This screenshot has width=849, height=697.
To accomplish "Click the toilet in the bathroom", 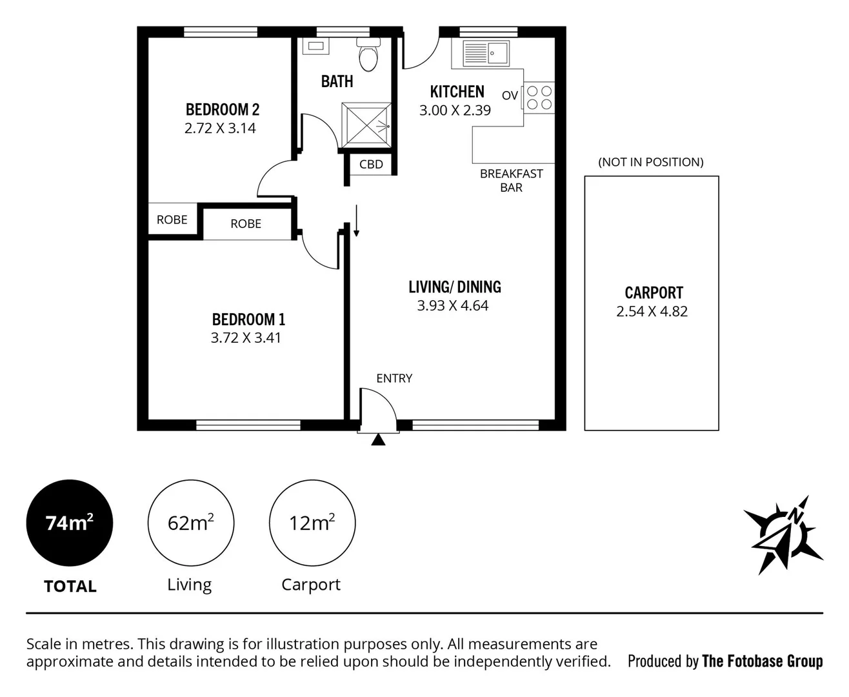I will (x=368, y=56).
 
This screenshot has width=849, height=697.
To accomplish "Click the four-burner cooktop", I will (x=539, y=97).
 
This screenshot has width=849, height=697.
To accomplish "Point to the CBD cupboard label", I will (x=371, y=165).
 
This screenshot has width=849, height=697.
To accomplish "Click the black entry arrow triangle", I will (x=379, y=439).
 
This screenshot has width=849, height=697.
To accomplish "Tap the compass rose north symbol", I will (x=783, y=534).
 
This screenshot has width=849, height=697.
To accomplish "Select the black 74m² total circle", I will (x=70, y=523).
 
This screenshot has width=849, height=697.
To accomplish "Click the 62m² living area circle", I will (x=190, y=523).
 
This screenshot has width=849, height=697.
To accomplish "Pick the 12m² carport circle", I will (x=312, y=523).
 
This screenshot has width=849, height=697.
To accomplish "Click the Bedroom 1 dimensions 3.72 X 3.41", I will (x=246, y=338).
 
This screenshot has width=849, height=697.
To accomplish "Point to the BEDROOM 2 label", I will (x=222, y=110).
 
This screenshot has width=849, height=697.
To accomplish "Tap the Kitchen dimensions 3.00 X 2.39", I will (x=455, y=110).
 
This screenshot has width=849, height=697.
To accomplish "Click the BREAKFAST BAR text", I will (x=511, y=181).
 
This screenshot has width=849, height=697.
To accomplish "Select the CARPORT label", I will (x=654, y=293).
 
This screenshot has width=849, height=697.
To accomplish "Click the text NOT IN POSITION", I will (x=650, y=162).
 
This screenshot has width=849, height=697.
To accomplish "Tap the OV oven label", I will (x=510, y=96).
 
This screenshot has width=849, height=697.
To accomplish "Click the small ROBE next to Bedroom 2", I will (x=172, y=220).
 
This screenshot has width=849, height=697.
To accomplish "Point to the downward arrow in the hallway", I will (x=356, y=221).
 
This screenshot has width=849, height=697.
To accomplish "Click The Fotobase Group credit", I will (x=762, y=661).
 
